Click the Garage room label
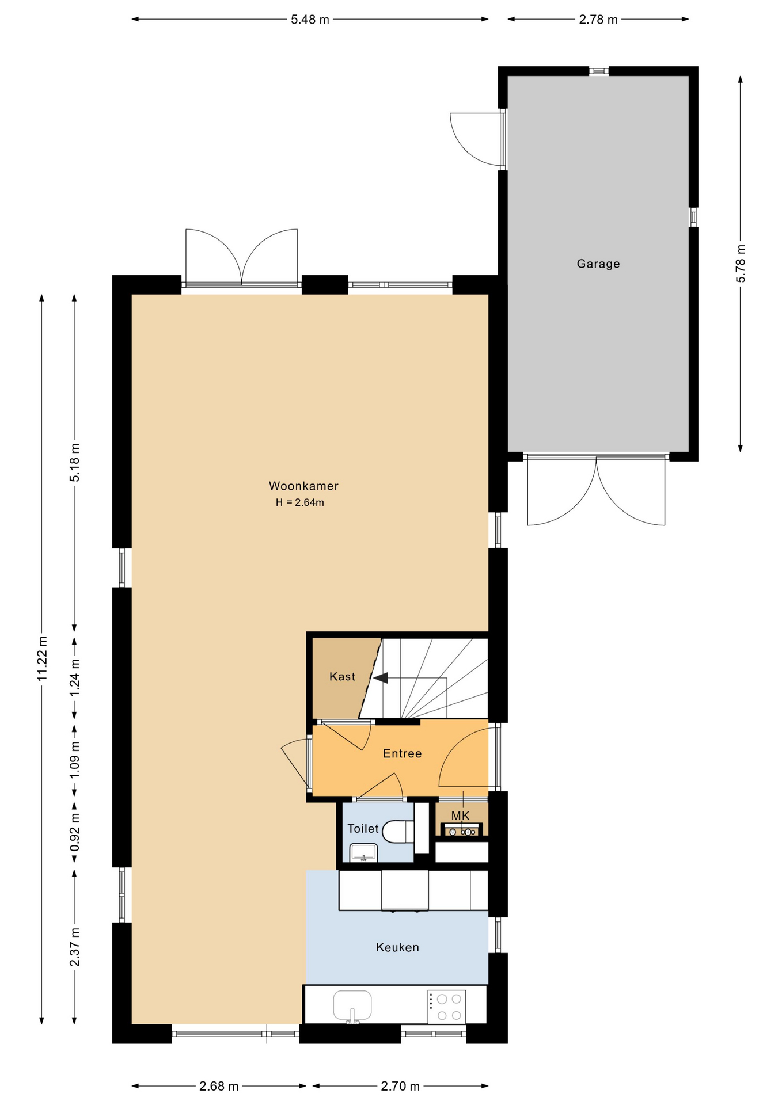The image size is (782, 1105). [598, 264]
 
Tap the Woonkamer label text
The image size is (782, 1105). [303, 486]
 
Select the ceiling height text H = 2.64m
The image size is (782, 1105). [299, 502]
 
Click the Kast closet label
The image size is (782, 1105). [342, 677]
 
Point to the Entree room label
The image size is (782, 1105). [402, 753]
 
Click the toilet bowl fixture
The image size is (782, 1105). [397, 832]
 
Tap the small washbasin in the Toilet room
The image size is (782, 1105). [363, 852]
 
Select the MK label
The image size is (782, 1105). [460, 816]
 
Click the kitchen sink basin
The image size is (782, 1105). [352, 1005]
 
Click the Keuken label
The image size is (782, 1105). [397, 947]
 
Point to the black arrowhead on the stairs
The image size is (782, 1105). [381, 678]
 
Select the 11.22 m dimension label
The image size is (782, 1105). [42, 659]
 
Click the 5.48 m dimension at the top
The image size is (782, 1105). [310, 20]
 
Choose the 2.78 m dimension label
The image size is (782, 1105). [598, 20]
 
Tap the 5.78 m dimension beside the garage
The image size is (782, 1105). [741, 264]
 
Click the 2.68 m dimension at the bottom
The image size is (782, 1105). [219, 1086]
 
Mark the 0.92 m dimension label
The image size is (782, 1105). [75, 832]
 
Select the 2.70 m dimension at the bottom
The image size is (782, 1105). [400, 1086]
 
